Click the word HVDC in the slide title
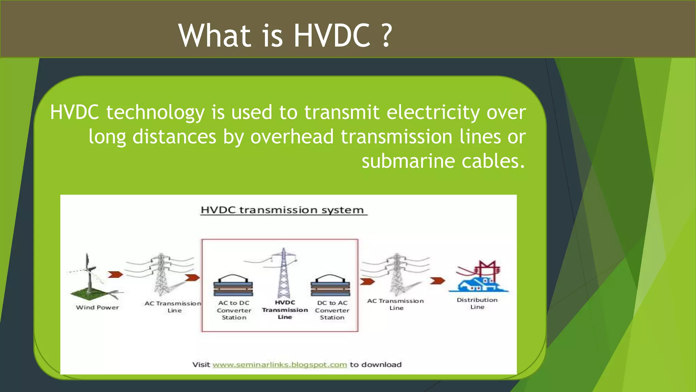point(332,35)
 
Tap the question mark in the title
point(386,35)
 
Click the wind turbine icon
point(89,276)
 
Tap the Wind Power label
point(97,308)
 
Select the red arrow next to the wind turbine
point(115,274)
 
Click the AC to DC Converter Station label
point(234,310)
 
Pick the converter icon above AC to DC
point(233,286)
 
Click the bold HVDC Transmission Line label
point(285,310)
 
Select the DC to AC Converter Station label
point(332,310)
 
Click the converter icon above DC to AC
point(330,286)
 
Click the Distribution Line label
point(477,303)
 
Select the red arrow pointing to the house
point(437,281)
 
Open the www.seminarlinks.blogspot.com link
point(280,365)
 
